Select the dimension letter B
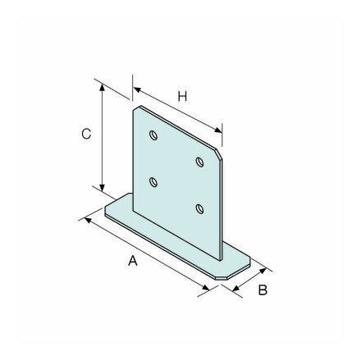pyautogui.click(x=263, y=290)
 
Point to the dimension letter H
pyautogui.click(x=183, y=97)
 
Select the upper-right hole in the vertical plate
pyautogui.click(x=199, y=162)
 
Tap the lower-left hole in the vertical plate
pyautogui.click(x=153, y=182)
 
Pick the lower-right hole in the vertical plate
pyautogui.click(x=199, y=209)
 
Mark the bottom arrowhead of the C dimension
pyautogui.click(x=103, y=189)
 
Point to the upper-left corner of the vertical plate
pyautogui.click(x=135, y=107)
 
